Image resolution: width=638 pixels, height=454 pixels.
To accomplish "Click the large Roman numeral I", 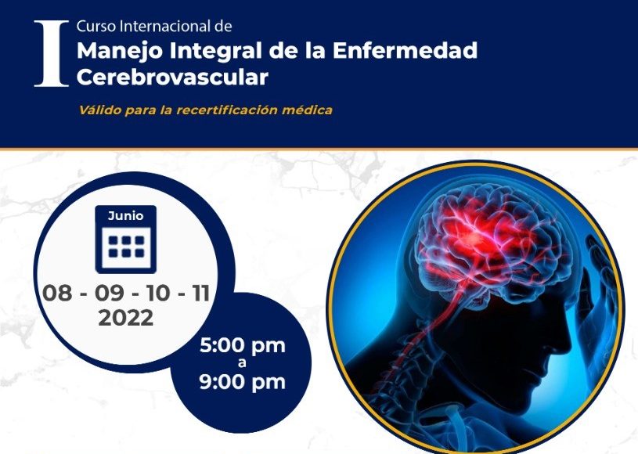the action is point(51,53).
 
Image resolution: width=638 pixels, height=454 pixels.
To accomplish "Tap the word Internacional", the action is point(166,27).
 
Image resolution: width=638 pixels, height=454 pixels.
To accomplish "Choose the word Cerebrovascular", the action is point(172,77).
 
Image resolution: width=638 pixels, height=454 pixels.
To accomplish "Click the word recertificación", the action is point(227,110).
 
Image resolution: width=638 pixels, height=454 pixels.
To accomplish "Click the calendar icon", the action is point(126,240).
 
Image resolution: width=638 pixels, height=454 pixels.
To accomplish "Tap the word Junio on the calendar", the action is point(126,215).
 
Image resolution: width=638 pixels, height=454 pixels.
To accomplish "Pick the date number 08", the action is point(57,294).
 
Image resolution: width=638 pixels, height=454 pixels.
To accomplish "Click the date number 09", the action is point(110,294).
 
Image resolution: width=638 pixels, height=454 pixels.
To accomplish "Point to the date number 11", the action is point(201,294).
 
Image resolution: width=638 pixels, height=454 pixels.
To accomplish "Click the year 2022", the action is point(126,318).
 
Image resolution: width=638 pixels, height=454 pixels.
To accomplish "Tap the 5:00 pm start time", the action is point(243,346).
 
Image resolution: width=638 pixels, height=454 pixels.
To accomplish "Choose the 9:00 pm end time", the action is point(243,382).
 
